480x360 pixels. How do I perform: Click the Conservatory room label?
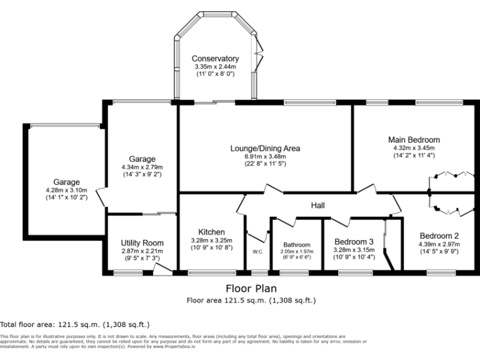215,59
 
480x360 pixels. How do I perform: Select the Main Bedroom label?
414,139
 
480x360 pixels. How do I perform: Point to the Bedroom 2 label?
439,236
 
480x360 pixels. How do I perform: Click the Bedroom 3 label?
354,241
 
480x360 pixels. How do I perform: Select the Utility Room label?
142,242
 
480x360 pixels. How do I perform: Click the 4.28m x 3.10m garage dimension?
66,190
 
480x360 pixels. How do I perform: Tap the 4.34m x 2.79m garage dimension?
142,167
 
